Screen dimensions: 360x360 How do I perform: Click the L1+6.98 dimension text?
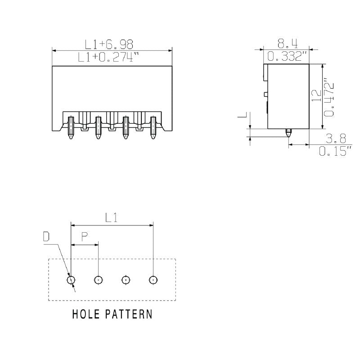(x=109, y=44)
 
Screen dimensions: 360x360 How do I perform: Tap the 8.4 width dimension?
(x=287, y=44)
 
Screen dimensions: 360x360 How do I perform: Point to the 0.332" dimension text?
(x=287, y=57)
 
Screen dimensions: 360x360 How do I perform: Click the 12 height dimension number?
(x=317, y=95)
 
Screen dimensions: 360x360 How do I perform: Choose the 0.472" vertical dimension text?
(x=329, y=99)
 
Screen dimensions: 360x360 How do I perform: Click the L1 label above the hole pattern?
(x=112, y=218)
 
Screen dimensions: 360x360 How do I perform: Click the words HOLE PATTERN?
(x=112, y=314)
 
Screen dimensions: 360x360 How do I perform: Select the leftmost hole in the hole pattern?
(x=71, y=280)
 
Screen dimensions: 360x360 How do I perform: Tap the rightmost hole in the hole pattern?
(x=153, y=280)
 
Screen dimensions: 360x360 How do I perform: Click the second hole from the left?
(x=98, y=280)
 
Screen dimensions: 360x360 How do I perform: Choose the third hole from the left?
(x=126, y=280)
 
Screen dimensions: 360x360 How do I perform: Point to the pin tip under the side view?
(x=288, y=133)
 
